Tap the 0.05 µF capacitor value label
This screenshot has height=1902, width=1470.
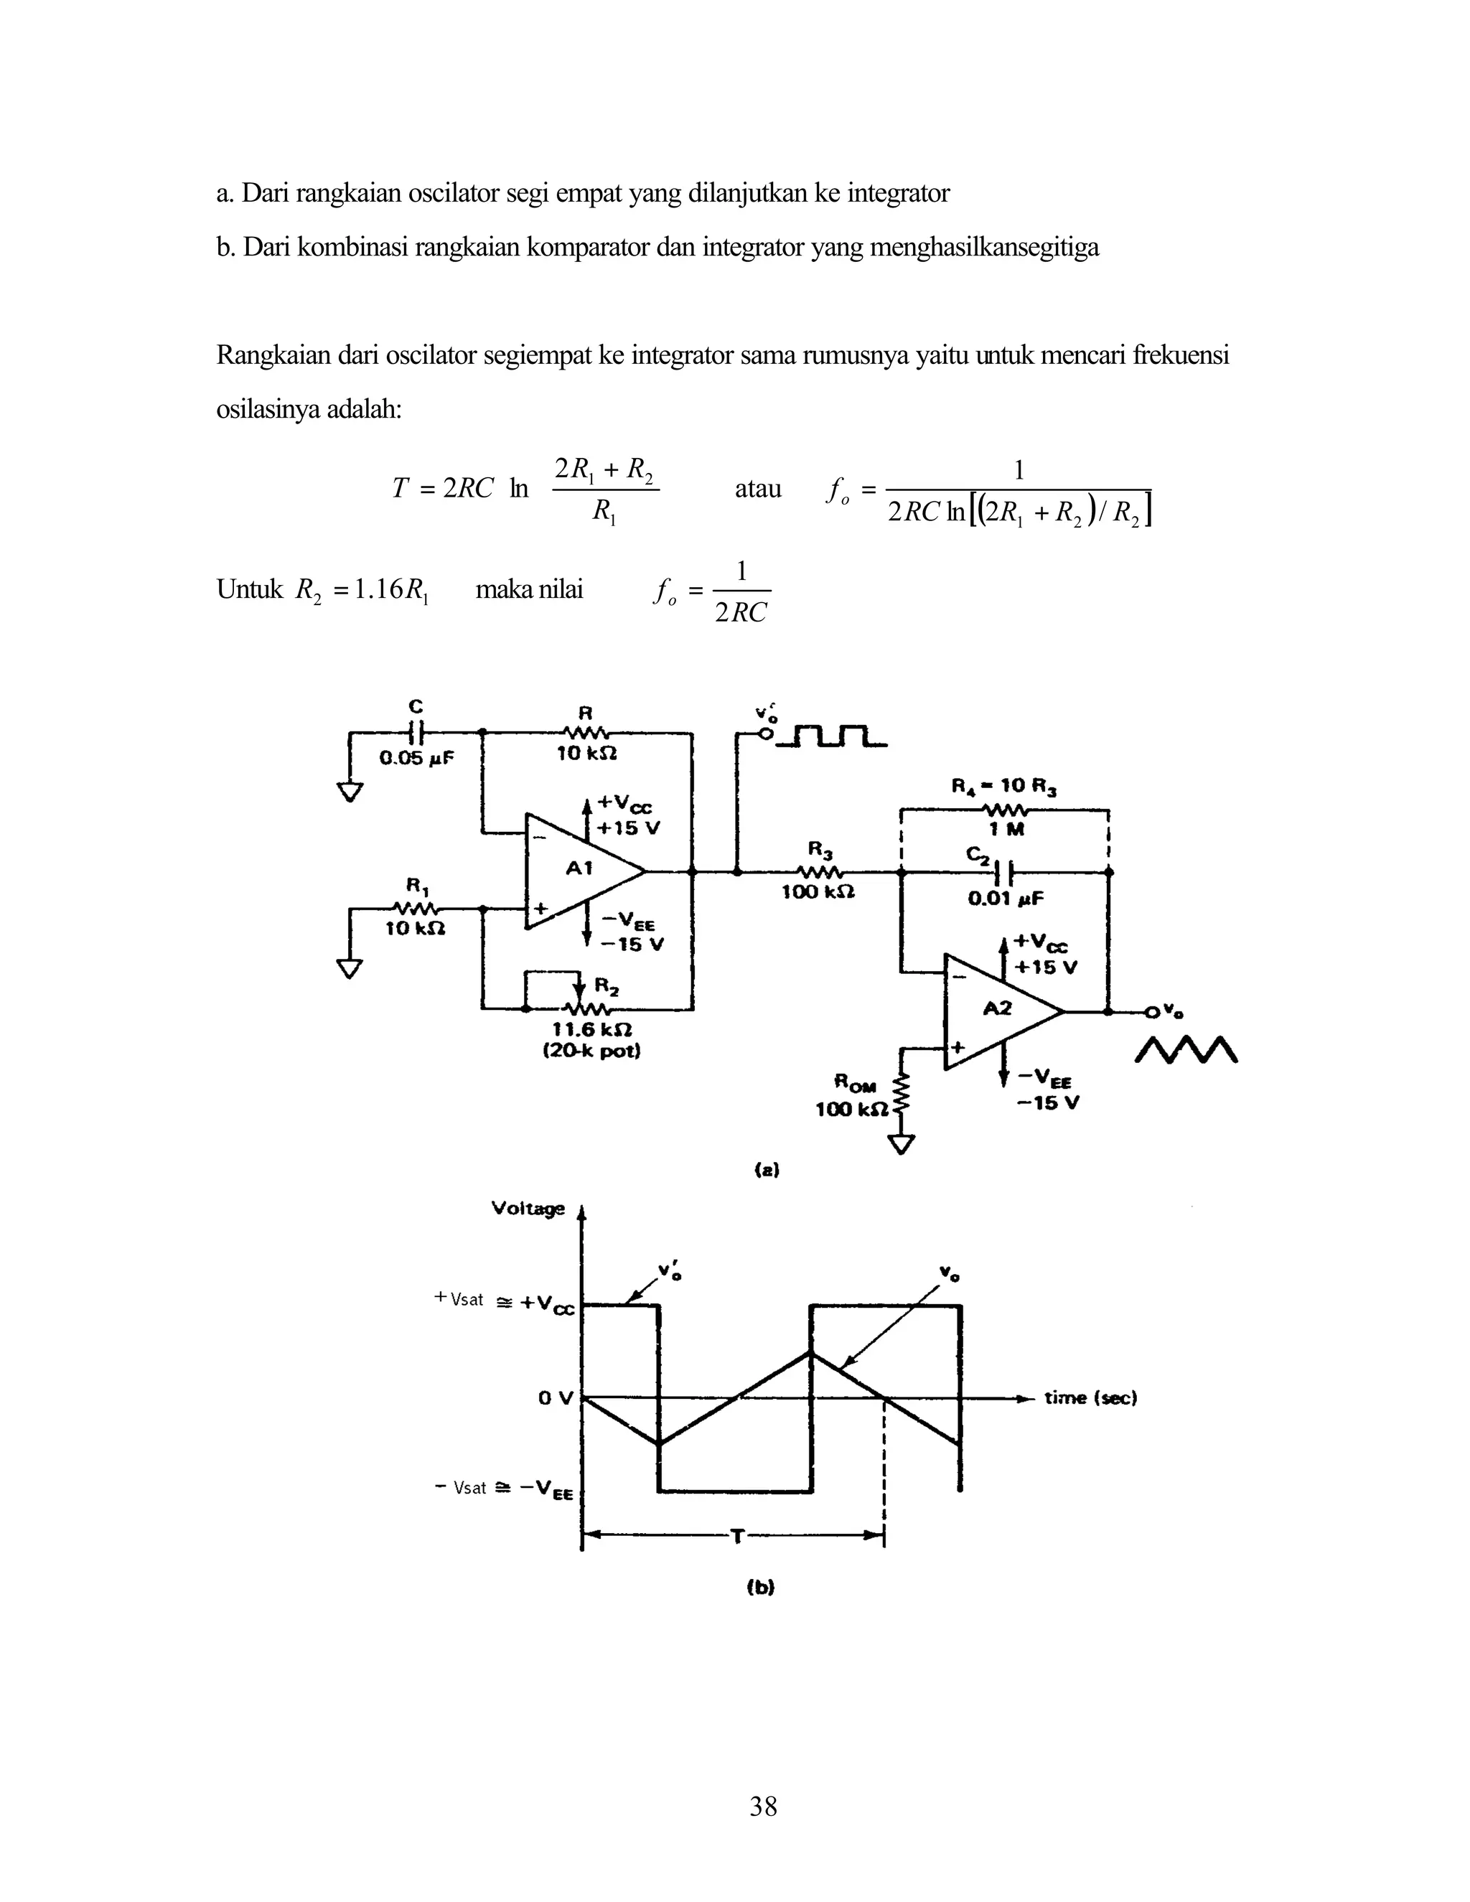click(416, 758)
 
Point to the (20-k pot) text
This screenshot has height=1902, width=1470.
click(591, 1051)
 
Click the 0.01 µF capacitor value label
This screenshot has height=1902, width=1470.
click(1007, 898)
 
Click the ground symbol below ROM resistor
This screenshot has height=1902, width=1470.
click(903, 1146)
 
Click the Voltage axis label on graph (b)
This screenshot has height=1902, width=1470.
click(528, 1209)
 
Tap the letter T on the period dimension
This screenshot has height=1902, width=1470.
click(736, 1537)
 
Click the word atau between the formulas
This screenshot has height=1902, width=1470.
click(758, 489)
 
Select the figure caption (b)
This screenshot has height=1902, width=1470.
click(760, 1587)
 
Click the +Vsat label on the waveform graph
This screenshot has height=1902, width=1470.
click(459, 1299)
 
